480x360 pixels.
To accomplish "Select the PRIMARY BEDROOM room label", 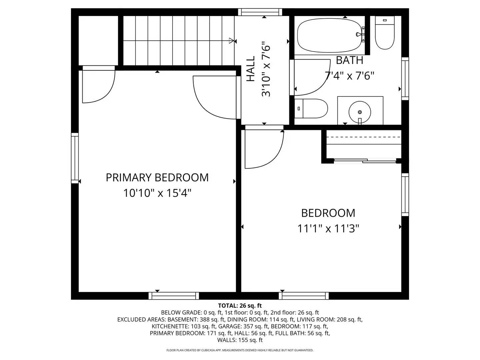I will (157, 178).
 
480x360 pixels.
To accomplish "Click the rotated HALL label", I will (251, 69).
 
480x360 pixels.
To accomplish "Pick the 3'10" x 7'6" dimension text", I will (266, 69).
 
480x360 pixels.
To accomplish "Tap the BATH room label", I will (349, 60).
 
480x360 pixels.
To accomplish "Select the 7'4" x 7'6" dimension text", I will (349, 76).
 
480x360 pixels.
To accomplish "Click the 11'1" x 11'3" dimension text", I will (328, 229).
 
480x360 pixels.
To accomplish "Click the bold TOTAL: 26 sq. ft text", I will (240, 305).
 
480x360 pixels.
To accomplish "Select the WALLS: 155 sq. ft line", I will (240, 340).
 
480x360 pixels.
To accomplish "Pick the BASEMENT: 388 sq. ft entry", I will (194, 319).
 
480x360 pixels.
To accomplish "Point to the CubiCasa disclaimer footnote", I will (240, 350).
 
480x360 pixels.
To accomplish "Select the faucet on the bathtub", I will (360, 34).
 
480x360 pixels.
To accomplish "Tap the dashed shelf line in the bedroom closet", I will (363, 137).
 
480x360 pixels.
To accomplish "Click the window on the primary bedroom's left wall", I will (75, 158).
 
